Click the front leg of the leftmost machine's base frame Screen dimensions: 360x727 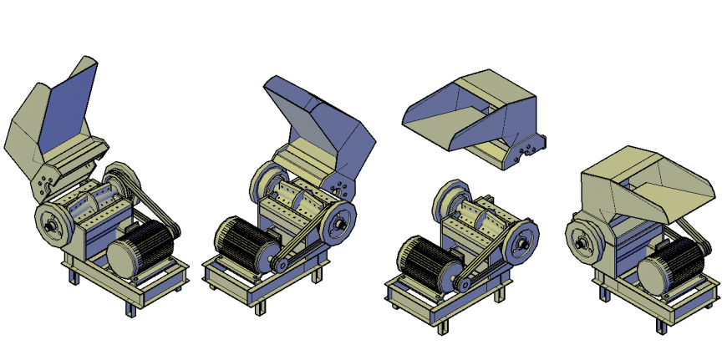click(130, 307)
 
